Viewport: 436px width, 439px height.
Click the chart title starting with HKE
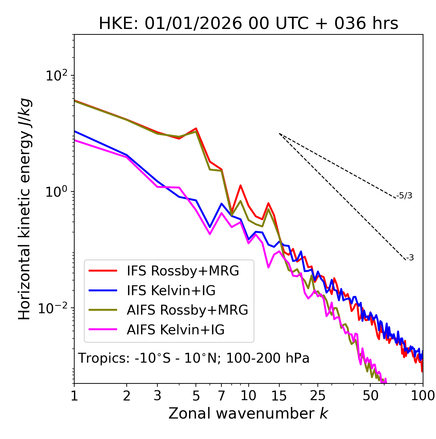248,24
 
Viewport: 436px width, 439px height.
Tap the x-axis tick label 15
279,396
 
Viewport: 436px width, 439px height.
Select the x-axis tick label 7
221,396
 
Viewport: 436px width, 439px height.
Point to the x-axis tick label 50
371,396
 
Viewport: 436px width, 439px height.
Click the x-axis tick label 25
318,396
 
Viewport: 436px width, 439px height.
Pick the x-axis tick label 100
422,396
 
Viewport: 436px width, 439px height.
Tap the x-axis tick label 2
127,396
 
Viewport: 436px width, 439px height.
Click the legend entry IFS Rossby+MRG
183,271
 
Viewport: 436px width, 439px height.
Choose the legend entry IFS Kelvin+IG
171,291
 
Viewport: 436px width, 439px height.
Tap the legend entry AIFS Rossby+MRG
187,310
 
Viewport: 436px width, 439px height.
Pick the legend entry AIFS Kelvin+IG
175,330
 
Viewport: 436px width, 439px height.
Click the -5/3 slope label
405,196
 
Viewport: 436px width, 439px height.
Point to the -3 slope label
410,258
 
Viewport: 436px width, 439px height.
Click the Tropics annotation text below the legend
194,359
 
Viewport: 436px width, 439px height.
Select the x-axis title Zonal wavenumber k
248,413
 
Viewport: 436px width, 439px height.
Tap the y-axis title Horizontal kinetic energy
25,209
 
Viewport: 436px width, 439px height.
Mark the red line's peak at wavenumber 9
240,185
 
